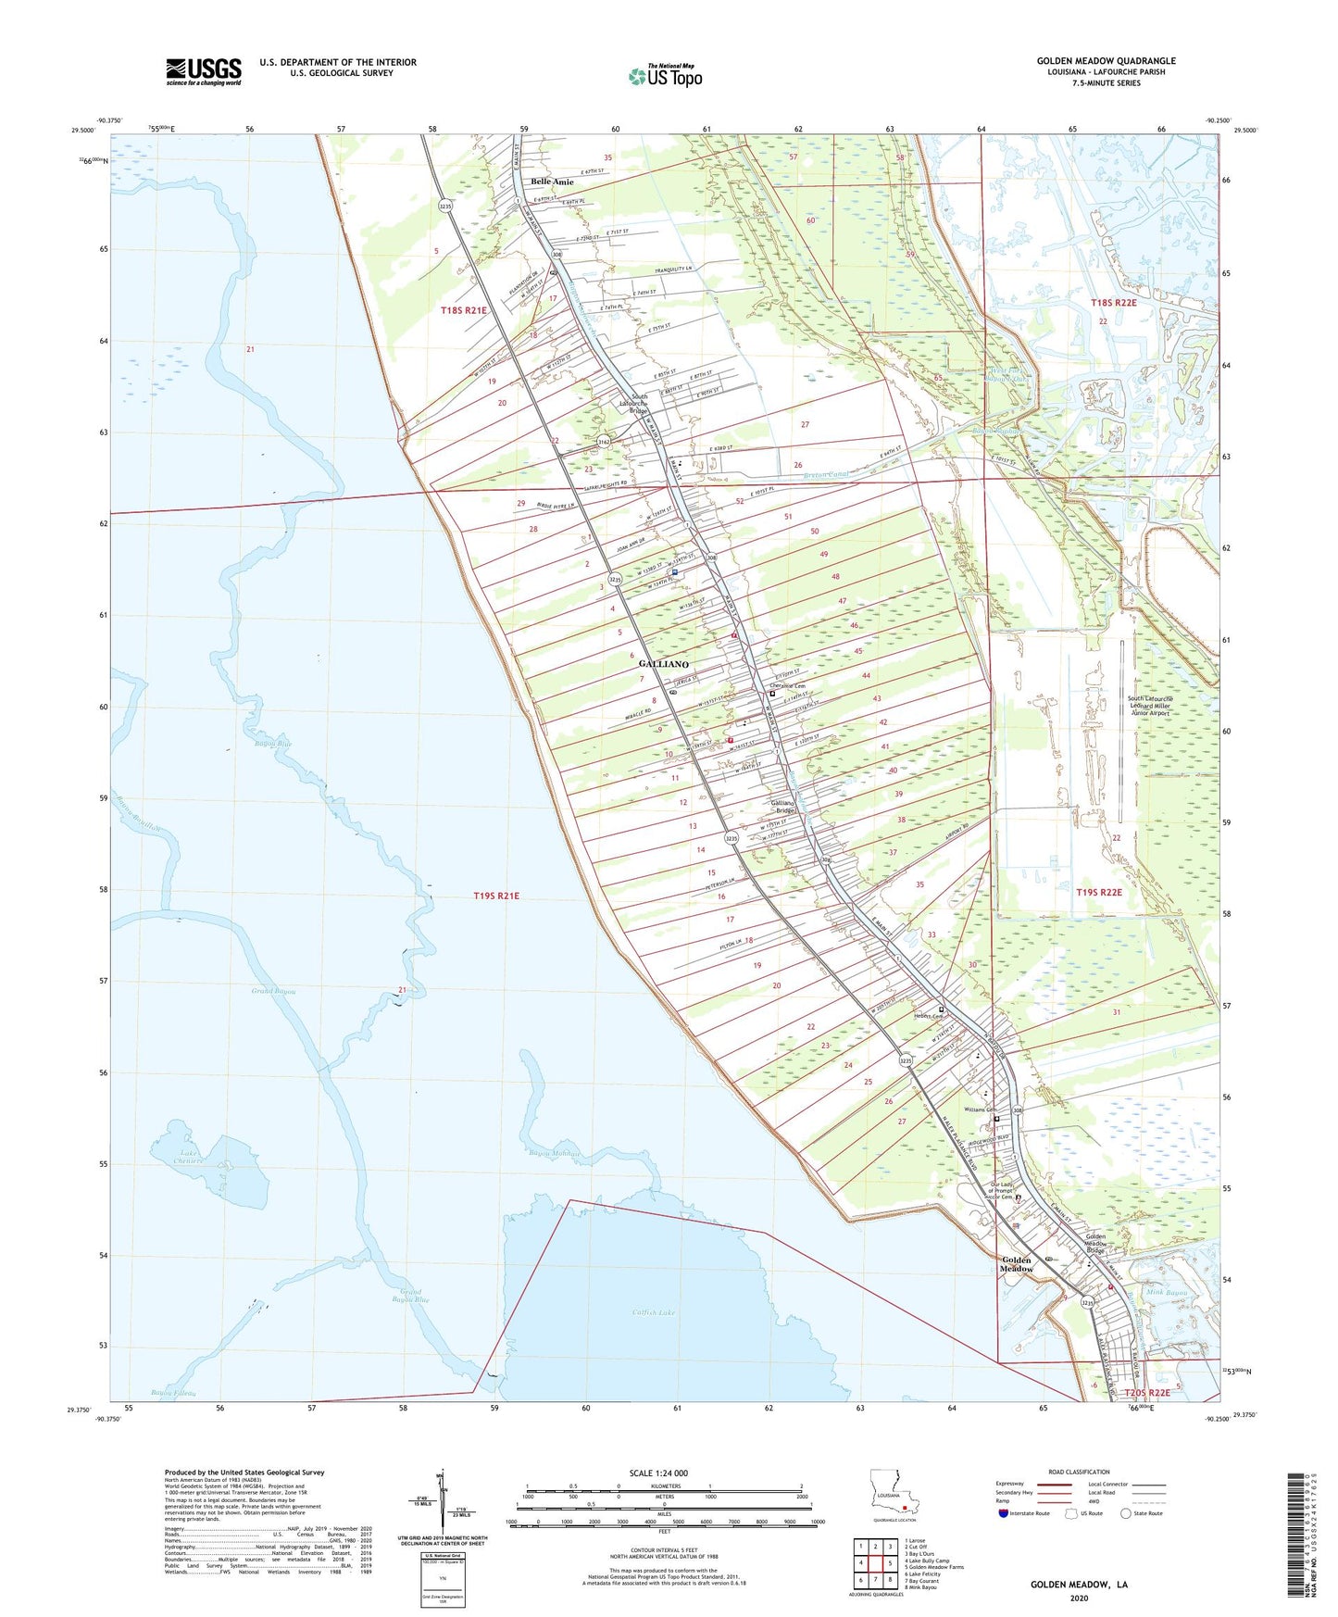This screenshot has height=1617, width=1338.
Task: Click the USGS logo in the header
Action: [x=203, y=71]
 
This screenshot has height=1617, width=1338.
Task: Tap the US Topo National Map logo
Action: [x=666, y=75]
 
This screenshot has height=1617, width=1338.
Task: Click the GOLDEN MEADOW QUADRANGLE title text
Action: [x=1106, y=61]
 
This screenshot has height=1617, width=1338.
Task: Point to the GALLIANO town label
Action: [x=663, y=664]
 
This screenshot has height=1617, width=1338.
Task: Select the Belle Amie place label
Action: [x=552, y=182]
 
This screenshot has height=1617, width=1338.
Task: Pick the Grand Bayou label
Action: [x=273, y=992]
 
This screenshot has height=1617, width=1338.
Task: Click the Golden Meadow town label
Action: [x=1017, y=1264]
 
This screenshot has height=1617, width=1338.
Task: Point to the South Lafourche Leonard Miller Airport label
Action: [x=1149, y=706]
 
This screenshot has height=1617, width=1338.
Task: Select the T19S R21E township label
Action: [x=496, y=896]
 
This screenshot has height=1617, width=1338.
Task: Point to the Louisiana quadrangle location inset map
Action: [x=894, y=1493]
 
